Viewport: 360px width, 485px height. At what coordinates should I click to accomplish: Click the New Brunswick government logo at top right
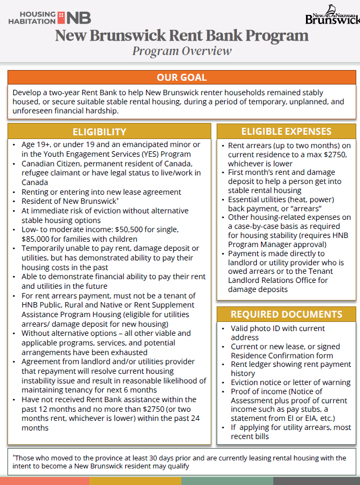tap(332, 16)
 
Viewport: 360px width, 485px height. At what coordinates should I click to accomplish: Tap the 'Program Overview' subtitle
tap(182, 51)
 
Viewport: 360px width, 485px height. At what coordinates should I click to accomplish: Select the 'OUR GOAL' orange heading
tap(181, 78)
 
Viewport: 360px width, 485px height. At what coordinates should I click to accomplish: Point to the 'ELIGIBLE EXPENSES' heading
tap(286, 132)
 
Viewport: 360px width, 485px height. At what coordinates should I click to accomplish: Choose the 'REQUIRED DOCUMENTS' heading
tap(286, 314)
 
